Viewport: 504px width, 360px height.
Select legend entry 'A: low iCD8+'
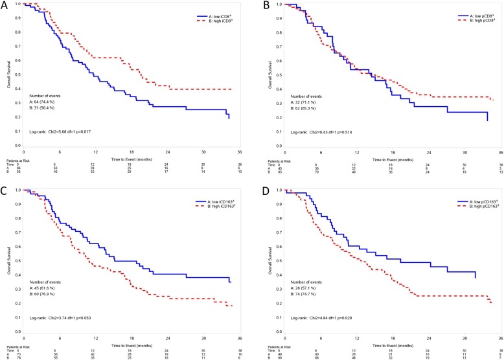click(x=218, y=14)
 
